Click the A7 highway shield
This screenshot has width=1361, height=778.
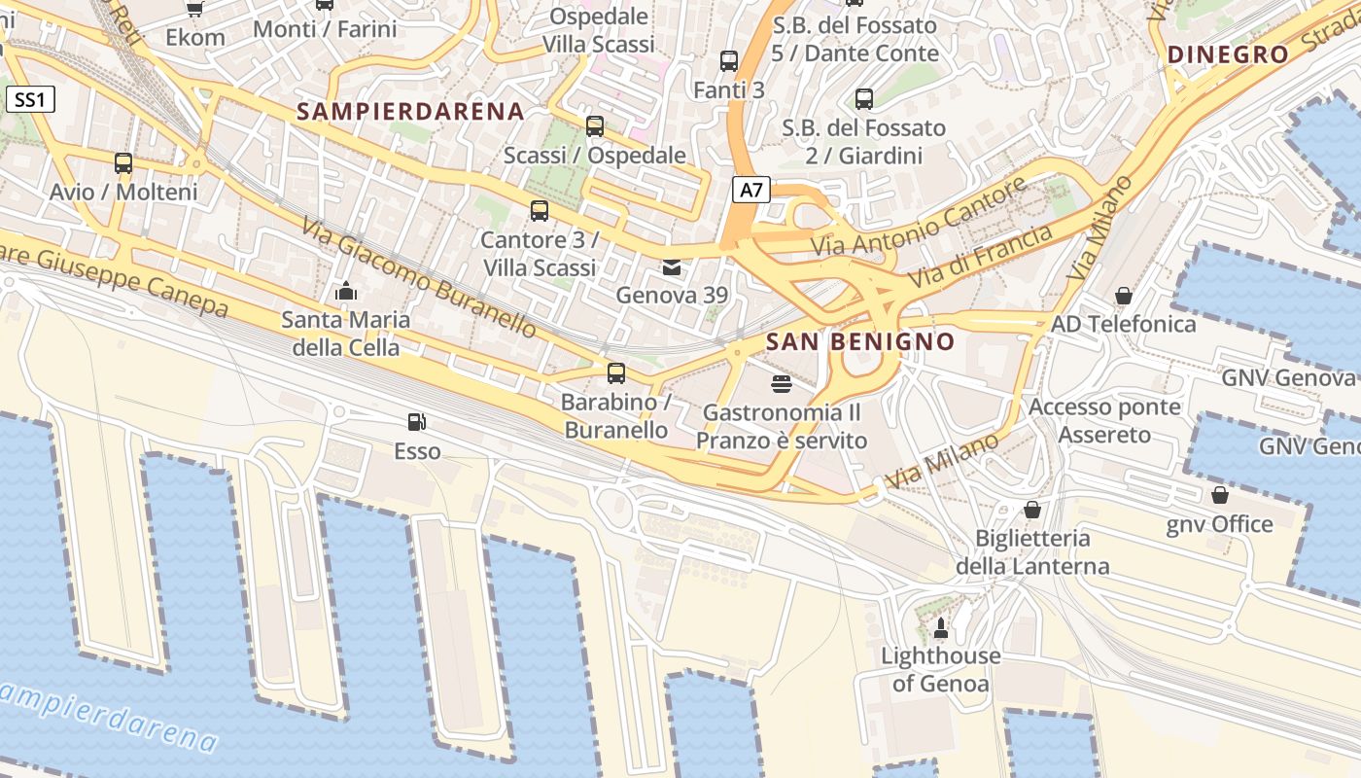click(x=750, y=190)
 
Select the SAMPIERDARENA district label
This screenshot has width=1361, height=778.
click(x=410, y=111)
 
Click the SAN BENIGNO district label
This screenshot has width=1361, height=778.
click(x=859, y=341)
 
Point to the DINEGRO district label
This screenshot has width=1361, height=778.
click(x=1228, y=54)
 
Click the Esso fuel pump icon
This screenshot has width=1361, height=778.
click(x=416, y=422)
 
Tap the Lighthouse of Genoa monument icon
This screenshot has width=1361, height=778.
click(x=940, y=627)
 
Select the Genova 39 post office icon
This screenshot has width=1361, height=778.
click(x=671, y=267)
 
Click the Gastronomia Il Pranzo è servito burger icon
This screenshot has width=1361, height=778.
click(x=781, y=384)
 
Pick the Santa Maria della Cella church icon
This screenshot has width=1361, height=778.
click(x=345, y=291)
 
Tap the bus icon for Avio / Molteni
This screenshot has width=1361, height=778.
click(x=122, y=163)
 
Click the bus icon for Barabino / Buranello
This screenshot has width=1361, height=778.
click(x=615, y=373)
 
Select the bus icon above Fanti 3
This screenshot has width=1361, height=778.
click(x=728, y=61)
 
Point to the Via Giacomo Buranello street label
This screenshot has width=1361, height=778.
click(x=419, y=278)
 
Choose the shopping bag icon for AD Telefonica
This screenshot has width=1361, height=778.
click(x=1123, y=295)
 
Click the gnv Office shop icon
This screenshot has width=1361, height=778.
click(x=1219, y=495)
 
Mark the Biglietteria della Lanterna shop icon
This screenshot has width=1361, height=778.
click(x=1031, y=510)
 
